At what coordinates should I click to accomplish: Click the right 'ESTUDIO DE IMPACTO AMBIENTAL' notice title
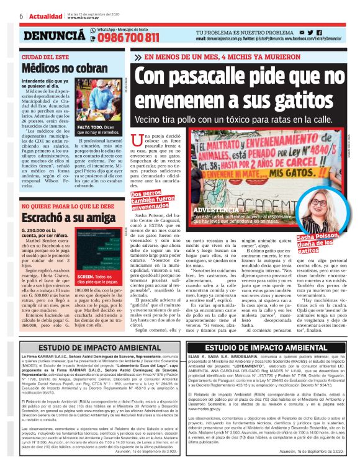(x=270, y=348)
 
